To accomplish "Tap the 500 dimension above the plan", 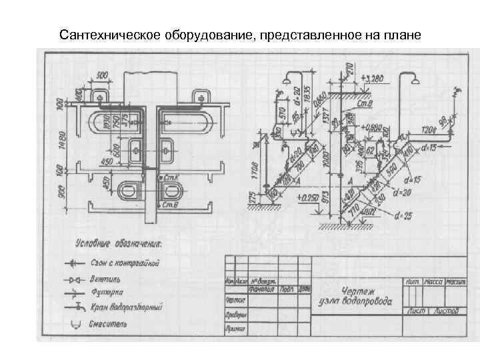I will point(102,74).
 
